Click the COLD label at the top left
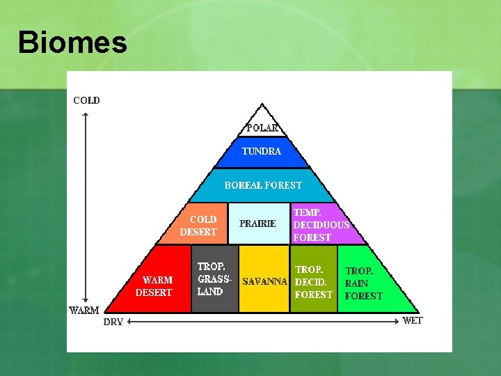86,100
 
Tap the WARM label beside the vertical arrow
83,310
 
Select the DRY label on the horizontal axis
113,322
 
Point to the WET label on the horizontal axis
412,321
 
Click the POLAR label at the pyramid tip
262,127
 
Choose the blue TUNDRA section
262,152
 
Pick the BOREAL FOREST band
263,185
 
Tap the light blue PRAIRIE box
259,224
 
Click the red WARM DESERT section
157,285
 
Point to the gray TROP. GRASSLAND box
214,279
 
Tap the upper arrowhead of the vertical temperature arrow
84,114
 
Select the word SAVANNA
264,282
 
